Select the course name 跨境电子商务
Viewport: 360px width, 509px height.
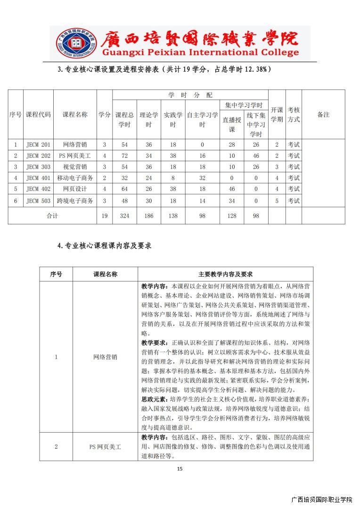tap(75, 201)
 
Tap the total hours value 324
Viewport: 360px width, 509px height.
tap(124, 216)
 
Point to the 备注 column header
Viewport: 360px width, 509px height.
tap(323, 115)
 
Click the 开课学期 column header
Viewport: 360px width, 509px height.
tap(277, 115)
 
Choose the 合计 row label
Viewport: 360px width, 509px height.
tap(52, 216)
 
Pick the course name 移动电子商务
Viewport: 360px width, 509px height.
tap(75, 178)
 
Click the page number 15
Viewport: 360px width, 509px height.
tap(180, 468)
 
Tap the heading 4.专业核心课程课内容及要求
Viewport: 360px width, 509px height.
tap(104, 246)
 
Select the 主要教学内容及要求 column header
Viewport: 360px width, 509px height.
tap(225, 274)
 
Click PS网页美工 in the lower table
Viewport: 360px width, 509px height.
tap(105, 446)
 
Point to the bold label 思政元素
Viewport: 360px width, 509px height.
tap(155, 399)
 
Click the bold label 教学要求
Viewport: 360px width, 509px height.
tap(155, 342)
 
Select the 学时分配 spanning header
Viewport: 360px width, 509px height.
tap(190, 95)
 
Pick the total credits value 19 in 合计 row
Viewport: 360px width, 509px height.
tap(105, 216)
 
